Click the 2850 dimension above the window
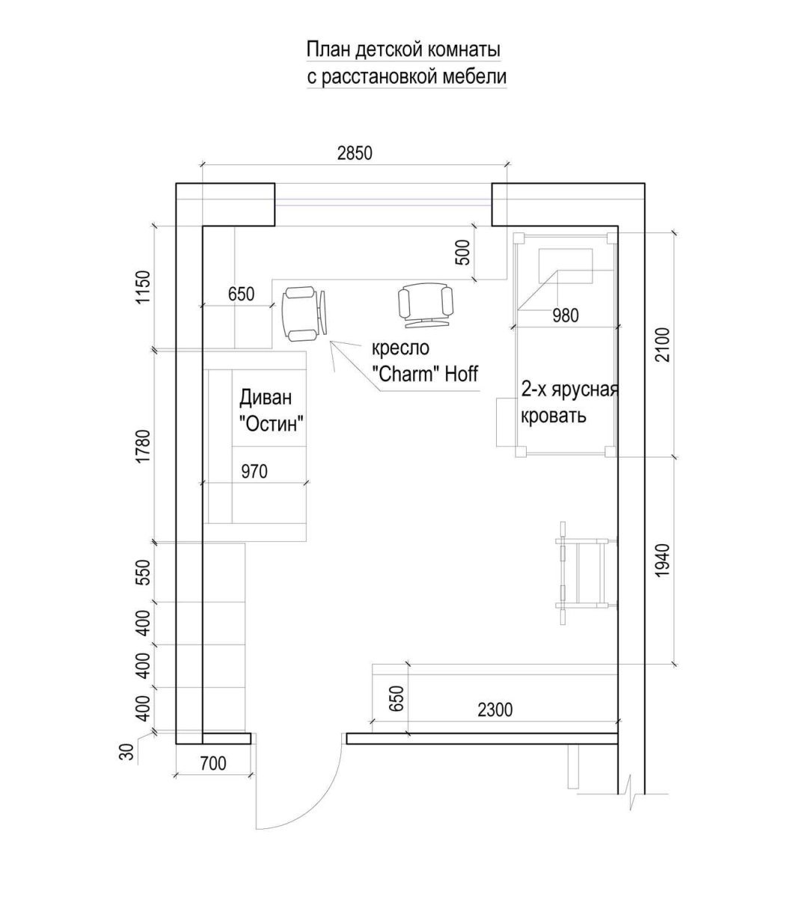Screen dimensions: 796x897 (355, 153)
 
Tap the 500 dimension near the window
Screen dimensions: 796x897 (463, 252)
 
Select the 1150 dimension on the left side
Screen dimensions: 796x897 (144, 287)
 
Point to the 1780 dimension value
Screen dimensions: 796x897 (144, 446)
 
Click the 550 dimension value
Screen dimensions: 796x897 (144, 573)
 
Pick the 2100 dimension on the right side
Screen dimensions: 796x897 (664, 345)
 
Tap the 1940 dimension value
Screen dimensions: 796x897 (664, 560)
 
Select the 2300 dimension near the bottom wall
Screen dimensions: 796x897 (495, 710)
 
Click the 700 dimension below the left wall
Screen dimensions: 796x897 (212, 763)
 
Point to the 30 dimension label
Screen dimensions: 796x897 (126, 752)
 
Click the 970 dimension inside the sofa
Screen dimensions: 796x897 (254, 472)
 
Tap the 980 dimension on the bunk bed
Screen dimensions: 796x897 (566, 315)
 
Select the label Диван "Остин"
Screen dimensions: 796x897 (272, 410)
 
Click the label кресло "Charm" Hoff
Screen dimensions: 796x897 (425, 361)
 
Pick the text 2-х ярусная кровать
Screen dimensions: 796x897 (569, 402)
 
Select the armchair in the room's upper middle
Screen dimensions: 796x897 (426, 306)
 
